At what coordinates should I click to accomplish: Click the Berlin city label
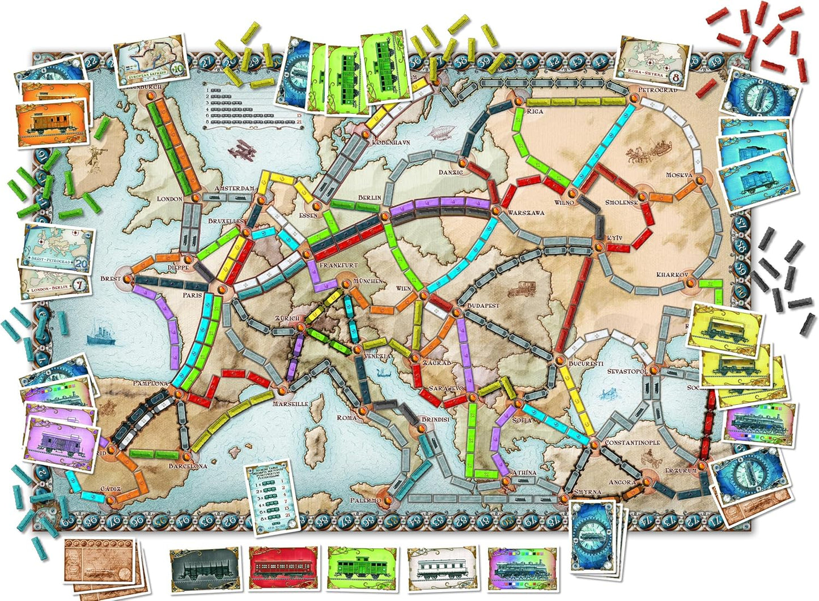click(x=370, y=198)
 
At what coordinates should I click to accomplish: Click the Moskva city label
click(x=679, y=175)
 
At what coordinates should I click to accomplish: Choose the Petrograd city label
click(x=657, y=90)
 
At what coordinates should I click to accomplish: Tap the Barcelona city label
click(x=188, y=466)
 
